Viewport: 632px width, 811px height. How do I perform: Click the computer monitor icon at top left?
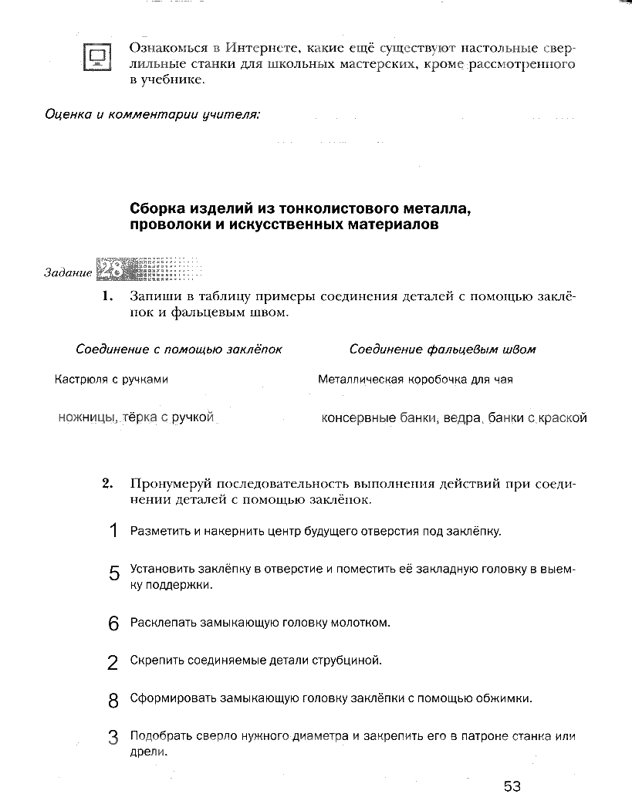pos(97,56)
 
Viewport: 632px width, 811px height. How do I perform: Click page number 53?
pos(512,786)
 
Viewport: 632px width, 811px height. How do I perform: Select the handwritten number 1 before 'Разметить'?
pos(113,531)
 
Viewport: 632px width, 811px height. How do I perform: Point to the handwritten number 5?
pos(114,574)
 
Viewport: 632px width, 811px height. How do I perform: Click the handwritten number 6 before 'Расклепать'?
pos(113,623)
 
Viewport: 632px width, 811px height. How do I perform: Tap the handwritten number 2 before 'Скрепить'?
pos(113,662)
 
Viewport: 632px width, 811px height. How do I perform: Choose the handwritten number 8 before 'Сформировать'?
pos(113,701)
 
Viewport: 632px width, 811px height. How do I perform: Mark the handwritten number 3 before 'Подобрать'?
pos(113,738)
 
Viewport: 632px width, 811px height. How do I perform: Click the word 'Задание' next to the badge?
pos(67,274)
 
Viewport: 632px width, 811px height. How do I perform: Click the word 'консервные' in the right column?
pos(358,418)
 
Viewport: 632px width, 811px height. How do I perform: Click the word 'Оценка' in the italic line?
pos(68,115)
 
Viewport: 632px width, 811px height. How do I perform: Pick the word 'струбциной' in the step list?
pos(348,661)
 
